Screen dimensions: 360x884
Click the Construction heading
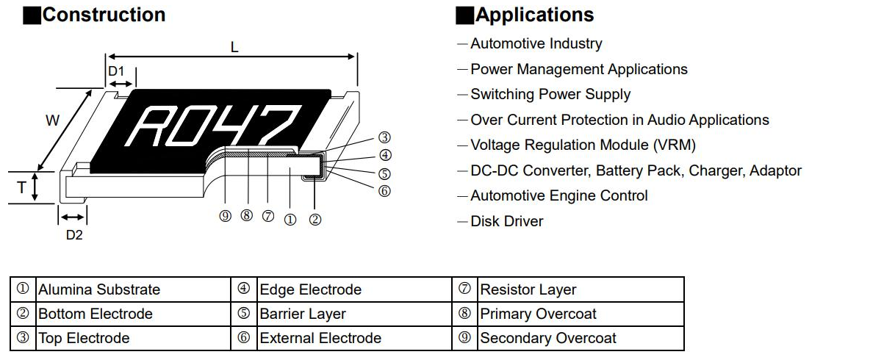(104, 15)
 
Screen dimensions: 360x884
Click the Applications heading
(534, 15)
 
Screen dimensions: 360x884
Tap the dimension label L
(234, 48)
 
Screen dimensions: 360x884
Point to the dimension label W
(52, 121)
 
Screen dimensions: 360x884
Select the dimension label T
(21, 188)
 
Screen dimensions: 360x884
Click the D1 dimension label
(116, 71)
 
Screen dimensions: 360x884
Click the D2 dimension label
(74, 235)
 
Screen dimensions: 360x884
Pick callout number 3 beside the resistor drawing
(384, 137)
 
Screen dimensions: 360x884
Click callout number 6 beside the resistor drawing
(384, 191)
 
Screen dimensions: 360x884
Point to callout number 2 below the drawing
(315, 219)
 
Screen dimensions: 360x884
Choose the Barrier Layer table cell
(303, 314)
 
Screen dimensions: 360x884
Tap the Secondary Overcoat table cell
(548, 339)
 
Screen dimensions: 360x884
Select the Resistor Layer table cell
(528, 289)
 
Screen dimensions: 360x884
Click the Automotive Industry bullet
(536, 44)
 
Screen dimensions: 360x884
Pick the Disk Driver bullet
(506, 221)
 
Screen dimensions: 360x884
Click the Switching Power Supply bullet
(550, 95)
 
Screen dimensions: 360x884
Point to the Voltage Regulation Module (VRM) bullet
(582, 145)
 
